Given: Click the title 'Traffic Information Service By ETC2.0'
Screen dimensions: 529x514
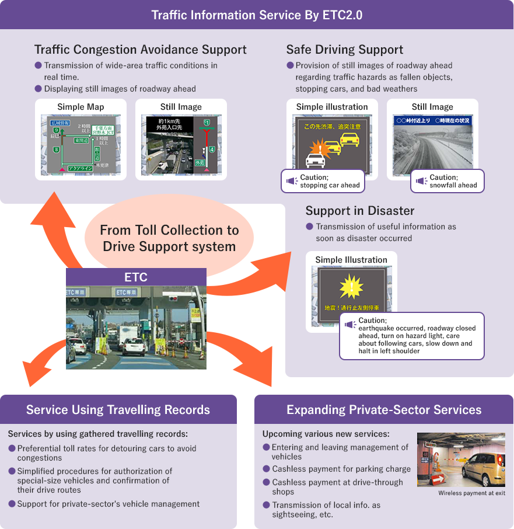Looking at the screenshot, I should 257,15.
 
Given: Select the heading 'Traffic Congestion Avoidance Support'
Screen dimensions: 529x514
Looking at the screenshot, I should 141,50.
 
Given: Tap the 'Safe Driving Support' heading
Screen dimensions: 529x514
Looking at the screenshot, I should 345,50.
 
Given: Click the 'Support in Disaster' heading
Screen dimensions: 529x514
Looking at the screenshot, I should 360,211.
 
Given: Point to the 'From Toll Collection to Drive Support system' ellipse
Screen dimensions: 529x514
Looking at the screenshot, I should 169,238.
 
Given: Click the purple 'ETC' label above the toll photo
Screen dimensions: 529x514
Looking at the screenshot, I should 136,277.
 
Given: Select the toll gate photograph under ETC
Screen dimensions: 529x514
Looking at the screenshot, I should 136,328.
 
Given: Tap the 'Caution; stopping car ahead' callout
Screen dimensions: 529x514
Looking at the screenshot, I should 323,181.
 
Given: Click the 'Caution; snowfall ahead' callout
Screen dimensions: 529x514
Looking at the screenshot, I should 447,181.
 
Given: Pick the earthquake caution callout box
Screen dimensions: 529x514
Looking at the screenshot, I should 412,336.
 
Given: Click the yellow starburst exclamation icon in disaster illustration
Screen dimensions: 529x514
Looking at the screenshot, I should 351,287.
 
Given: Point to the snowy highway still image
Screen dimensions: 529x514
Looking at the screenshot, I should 432,147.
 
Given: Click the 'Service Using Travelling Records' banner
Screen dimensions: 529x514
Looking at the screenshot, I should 118,409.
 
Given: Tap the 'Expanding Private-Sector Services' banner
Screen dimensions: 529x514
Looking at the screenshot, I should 384,409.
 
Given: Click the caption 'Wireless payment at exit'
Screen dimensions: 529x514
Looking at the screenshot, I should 471,493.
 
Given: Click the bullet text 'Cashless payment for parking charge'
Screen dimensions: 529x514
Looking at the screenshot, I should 341,469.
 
